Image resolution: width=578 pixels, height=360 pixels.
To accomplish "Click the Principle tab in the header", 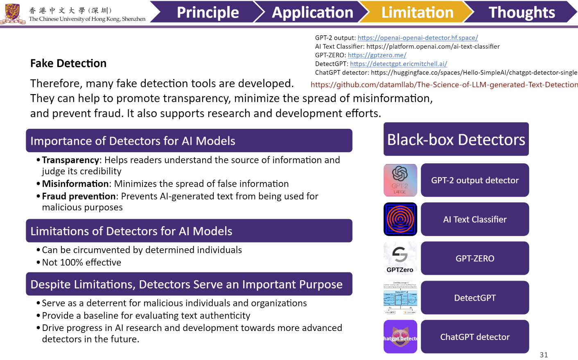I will [x=208, y=12].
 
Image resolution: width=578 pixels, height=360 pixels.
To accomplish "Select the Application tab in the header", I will [x=312, y=12].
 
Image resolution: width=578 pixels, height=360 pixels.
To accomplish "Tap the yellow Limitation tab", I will [x=417, y=12].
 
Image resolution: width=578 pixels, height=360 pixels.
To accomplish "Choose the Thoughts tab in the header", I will [x=522, y=12].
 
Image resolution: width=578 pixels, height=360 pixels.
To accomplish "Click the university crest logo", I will [x=13, y=13].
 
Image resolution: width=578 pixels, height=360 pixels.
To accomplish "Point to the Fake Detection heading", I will [x=68, y=63].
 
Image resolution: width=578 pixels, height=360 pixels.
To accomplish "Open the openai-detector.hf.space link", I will [x=418, y=38].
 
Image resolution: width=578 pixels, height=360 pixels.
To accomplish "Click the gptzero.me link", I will [x=377, y=55].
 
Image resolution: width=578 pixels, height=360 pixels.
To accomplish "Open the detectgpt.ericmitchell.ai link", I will [x=398, y=64].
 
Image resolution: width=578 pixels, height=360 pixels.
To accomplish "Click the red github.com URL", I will [x=444, y=85].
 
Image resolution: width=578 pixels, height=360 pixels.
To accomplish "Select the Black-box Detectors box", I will [x=456, y=139].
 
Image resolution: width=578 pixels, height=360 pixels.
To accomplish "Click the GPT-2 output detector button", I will [x=475, y=180].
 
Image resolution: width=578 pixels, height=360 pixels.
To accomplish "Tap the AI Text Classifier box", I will [x=475, y=220].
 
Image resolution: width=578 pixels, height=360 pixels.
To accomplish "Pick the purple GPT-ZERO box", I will [x=475, y=259].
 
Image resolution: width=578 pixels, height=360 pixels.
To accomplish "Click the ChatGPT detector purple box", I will [x=475, y=337].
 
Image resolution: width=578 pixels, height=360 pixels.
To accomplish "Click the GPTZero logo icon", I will [x=400, y=258].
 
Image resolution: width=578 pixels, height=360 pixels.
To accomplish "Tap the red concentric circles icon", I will [x=400, y=219].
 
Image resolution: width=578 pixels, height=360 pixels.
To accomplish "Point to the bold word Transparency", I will [x=70, y=160].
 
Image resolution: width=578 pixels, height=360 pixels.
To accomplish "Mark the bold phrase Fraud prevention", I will [x=79, y=196].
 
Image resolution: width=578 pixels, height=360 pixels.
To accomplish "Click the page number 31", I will [x=544, y=355].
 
